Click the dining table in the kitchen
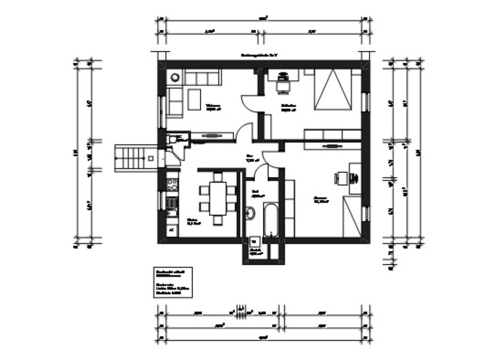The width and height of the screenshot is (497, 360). coord(218,198)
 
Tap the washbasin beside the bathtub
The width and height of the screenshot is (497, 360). coord(251,212)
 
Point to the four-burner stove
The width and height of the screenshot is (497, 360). coord(172,185)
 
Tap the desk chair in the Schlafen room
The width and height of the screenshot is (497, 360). coord(283,84)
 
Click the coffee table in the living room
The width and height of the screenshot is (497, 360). coord(194,99)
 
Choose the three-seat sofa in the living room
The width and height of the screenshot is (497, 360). coord(202,78)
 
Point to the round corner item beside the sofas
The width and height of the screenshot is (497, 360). coord(174,78)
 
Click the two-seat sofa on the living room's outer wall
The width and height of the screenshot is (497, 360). coord(174,101)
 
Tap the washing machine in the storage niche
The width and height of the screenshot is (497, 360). coord(255,241)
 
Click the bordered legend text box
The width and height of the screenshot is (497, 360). coord(173,283)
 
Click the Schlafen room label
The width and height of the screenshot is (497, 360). coord(288,107)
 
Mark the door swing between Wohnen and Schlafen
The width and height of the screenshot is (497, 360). coord(249,103)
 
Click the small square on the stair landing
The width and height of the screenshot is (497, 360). coord(151,158)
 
